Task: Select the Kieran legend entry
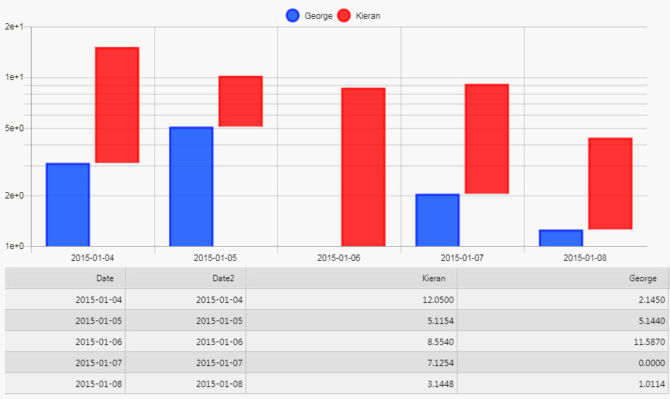[x=359, y=15]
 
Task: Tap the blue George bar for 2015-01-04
[x=67, y=205]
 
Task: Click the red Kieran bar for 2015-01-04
[x=117, y=105]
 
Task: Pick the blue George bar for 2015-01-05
[x=191, y=187]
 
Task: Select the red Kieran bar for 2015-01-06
[x=363, y=167]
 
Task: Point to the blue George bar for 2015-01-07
[x=437, y=220]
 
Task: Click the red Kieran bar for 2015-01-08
[x=610, y=184]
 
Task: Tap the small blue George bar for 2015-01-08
[x=561, y=238]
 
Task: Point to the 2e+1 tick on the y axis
[x=14, y=27]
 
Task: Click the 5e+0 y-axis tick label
[x=14, y=129]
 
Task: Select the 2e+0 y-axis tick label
[x=14, y=196]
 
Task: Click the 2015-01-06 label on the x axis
[x=339, y=257]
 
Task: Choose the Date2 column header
[x=224, y=278]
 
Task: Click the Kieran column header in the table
[x=434, y=278]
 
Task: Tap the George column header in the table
[x=643, y=278]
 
